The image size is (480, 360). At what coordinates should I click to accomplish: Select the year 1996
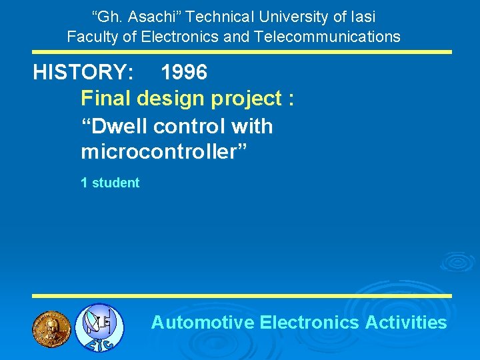(x=184, y=72)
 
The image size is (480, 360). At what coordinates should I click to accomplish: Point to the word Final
(x=106, y=99)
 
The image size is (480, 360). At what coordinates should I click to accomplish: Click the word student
(x=115, y=183)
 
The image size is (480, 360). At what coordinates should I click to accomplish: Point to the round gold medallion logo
(x=51, y=327)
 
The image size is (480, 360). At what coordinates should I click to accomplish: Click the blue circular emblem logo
(x=99, y=327)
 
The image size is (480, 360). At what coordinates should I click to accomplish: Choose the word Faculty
(x=91, y=37)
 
